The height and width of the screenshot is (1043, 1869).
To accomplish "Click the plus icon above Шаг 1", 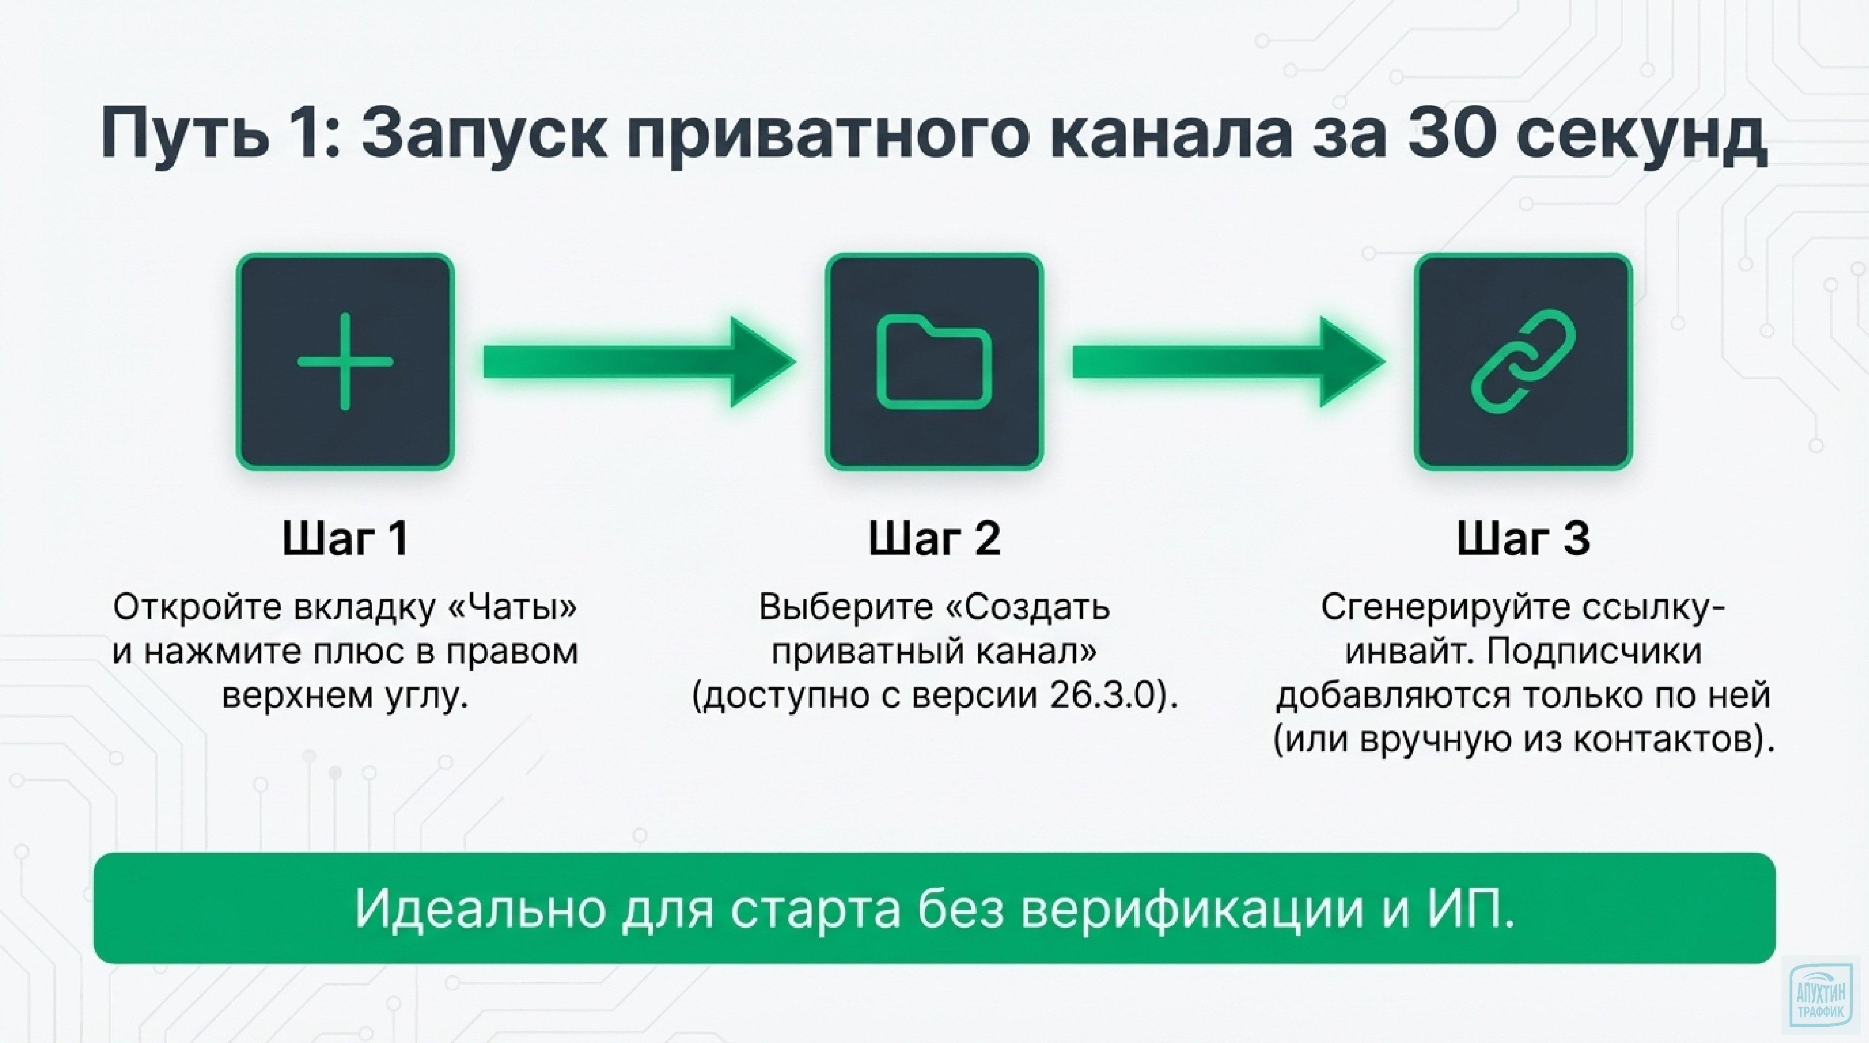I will (x=345, y=361).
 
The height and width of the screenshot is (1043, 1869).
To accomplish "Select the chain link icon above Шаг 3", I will (x=1523, y=361).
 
